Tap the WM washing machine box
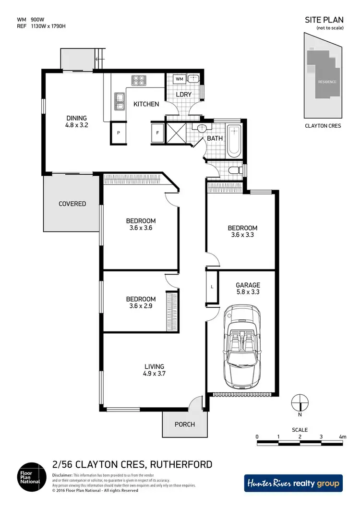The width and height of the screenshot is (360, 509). click(x=179, y=79)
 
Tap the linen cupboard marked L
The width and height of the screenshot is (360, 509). click(x=212, y=287)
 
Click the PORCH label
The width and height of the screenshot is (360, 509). click(x=185, y=424)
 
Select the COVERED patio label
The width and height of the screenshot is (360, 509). click(x=72, y=204)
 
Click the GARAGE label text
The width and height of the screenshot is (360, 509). click(x=248, y=285)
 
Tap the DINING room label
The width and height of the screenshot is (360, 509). click(x=77, y=118)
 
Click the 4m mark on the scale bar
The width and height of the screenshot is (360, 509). click(x=342, y=436)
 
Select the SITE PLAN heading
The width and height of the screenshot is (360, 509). click(x=324, y=20)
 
